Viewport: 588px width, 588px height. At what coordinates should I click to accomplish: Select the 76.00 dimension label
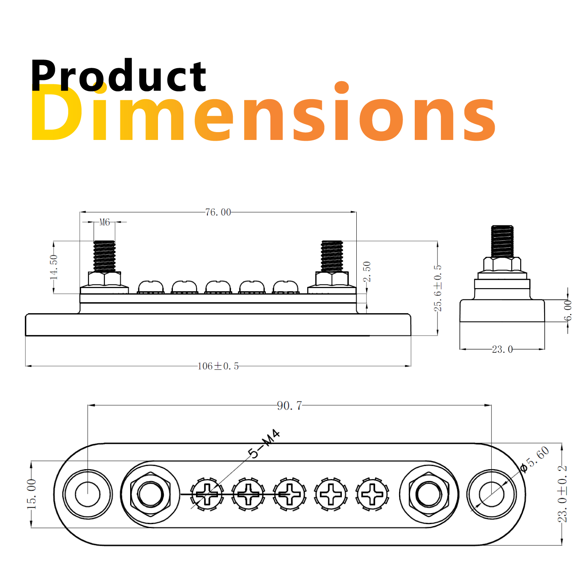point(218,212)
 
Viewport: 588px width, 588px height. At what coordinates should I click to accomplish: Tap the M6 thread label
point(104,222)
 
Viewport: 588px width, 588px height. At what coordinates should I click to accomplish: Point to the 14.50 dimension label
point(54,267)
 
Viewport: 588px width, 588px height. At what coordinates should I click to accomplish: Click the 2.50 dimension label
point(367,271)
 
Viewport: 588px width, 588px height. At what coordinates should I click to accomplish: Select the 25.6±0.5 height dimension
point(437,288)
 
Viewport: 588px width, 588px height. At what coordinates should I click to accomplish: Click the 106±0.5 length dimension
point(218,366)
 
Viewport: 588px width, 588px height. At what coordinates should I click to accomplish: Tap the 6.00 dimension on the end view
point(568,310)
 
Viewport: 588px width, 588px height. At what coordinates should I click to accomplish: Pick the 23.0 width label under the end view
point(502,349)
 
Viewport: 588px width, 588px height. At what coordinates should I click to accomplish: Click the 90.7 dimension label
point(289,405)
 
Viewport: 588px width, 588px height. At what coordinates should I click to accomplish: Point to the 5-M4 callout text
point(265,444)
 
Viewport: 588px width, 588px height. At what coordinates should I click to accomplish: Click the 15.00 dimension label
point(31,494)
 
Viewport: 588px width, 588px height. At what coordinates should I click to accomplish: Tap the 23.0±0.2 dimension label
point(562,494)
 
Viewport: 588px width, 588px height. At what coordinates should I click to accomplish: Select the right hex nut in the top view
point(428,494)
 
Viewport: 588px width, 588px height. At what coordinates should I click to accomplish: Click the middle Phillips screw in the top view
point(290,494)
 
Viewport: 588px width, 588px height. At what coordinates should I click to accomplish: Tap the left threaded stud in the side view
point(104,256)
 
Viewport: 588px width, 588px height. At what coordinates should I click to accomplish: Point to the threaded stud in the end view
point(502,241)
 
